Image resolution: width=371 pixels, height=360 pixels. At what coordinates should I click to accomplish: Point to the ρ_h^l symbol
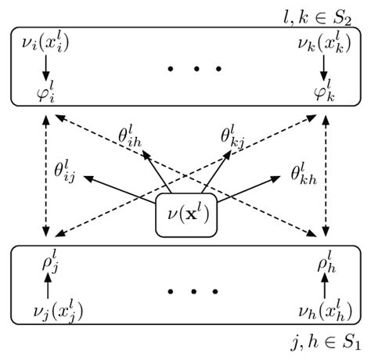[323, 262]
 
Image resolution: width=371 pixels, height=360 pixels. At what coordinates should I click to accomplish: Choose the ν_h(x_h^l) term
[322, 311]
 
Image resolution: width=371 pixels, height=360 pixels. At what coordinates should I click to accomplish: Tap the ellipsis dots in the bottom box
[185, 292]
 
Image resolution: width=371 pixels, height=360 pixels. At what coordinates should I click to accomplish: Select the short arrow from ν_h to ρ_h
[323, 285]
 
